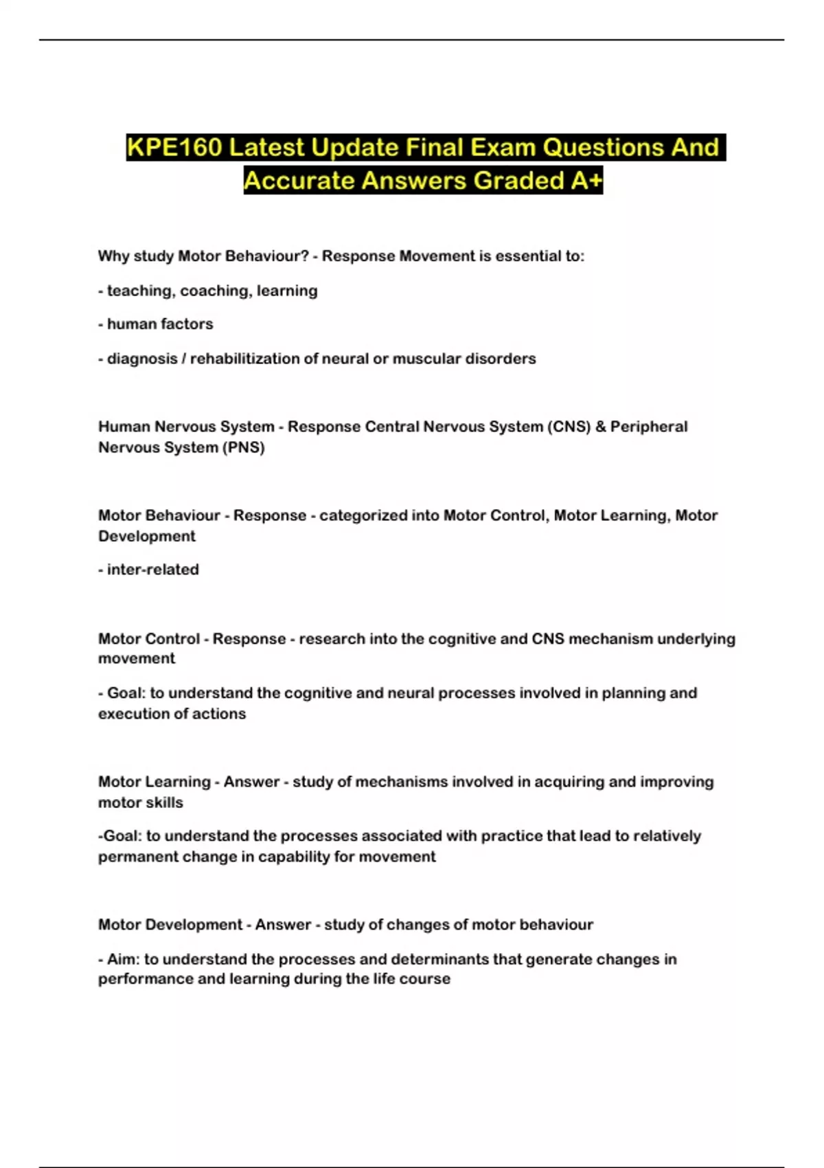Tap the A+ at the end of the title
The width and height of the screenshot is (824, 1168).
tap(586, 181)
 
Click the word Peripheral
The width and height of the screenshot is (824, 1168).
tap(649, 427)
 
